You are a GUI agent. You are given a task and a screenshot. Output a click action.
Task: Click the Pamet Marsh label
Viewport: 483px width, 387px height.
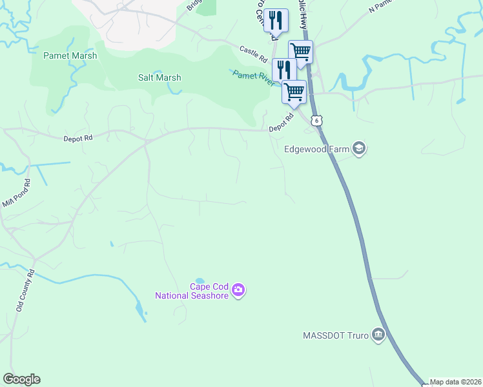click(70, 55)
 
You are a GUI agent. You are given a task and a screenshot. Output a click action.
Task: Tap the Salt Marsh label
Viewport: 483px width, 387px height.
click(159, 77)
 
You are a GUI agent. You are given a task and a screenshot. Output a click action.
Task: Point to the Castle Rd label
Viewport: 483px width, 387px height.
click(253, 54)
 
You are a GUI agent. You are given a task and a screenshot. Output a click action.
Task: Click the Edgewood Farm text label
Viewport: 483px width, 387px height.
click(316, 149)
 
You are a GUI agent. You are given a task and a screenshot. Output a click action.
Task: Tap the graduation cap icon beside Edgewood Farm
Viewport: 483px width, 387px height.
click(359, 149)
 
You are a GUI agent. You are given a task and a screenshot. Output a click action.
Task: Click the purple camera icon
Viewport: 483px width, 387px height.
click(238, 291)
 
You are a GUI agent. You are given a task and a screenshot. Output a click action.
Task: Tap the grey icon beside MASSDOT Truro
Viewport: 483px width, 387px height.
click(379, 335)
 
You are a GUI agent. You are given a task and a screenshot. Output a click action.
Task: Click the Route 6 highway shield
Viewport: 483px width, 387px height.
click(316, 120)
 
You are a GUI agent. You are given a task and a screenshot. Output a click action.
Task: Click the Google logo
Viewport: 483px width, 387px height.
click(21, 379)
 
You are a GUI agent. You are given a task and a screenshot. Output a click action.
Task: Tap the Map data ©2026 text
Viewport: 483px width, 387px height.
click(455, 382)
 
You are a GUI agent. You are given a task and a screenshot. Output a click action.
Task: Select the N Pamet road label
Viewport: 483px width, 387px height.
click(381, 6)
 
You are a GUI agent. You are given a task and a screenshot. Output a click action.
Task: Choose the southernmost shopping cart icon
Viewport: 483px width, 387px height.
click(294, 92)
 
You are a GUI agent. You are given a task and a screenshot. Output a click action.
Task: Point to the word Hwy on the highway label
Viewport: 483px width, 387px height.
click(303, 23)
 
